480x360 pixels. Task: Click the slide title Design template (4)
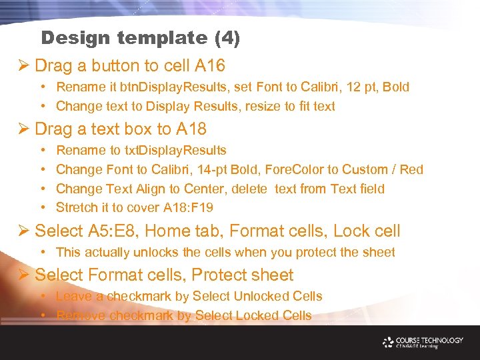140,38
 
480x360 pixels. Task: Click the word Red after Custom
411,169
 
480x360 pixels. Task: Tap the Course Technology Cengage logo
423,342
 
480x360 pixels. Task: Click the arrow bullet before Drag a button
25,66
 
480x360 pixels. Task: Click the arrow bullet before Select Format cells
25,275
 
